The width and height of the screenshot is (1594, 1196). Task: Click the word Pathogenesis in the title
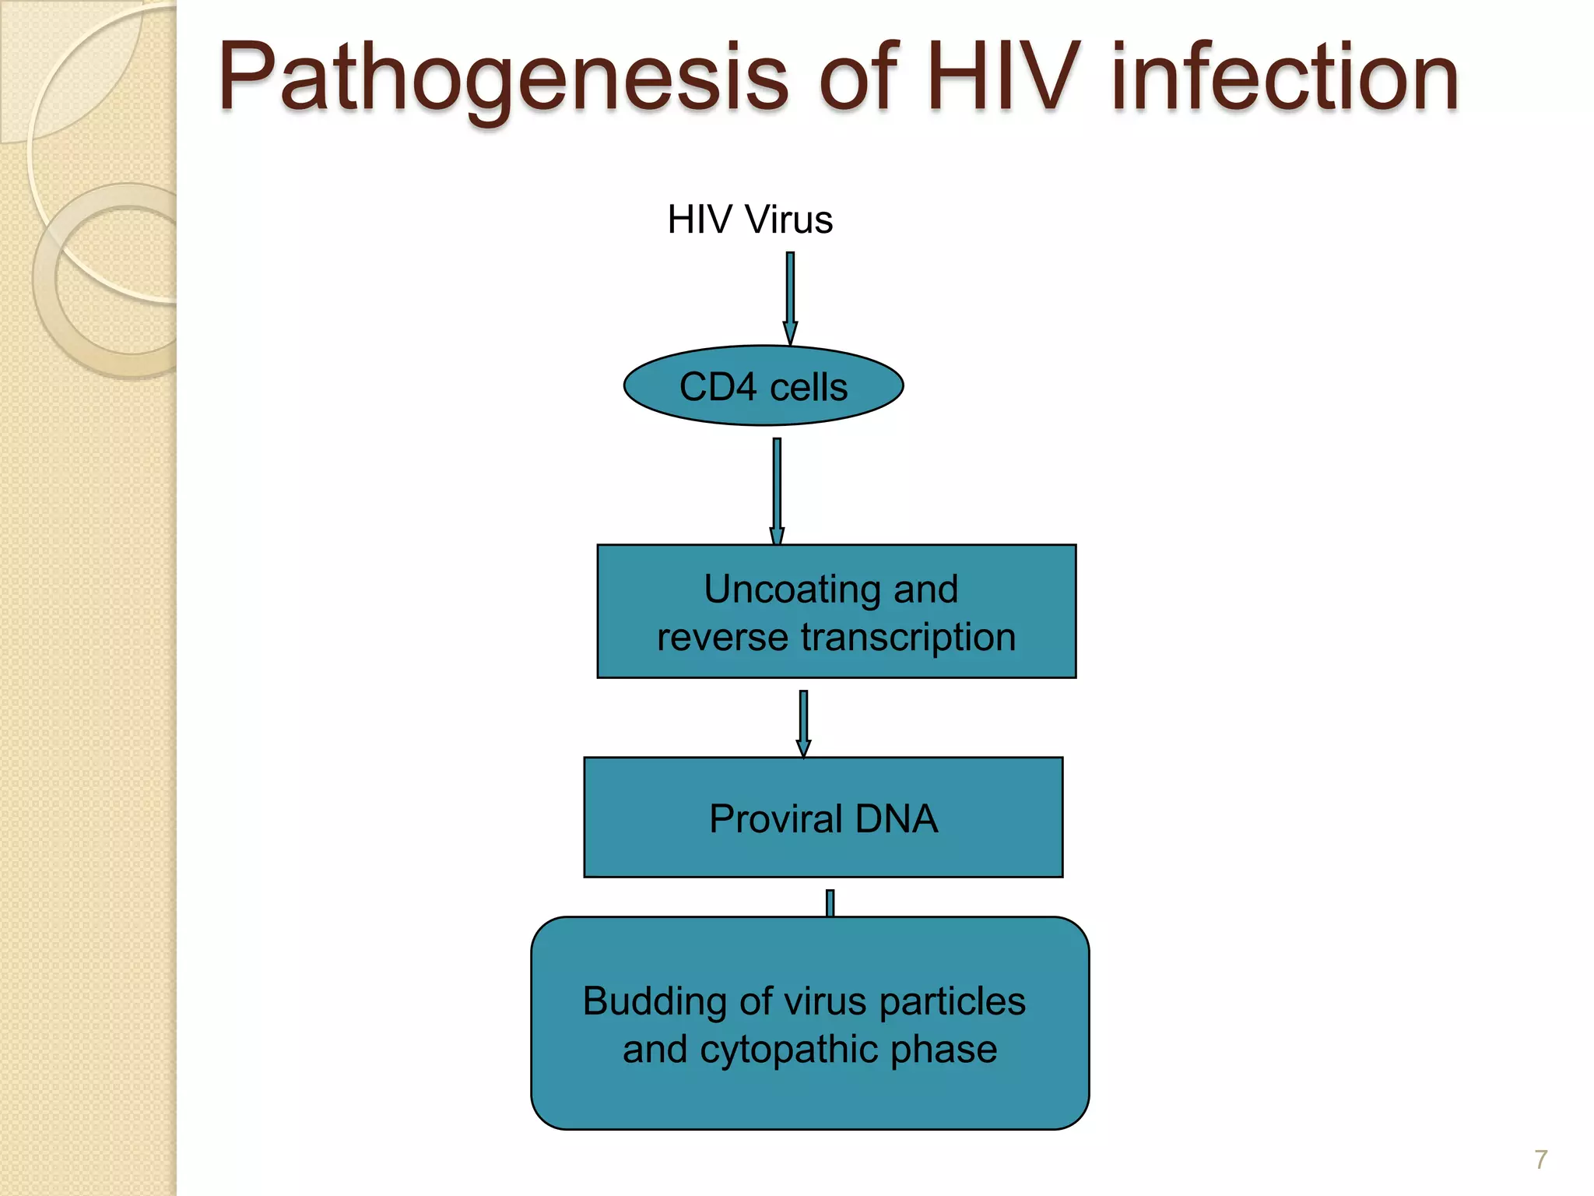[x=503, y=78]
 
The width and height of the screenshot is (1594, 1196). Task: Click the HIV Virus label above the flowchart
[x=750, y=220]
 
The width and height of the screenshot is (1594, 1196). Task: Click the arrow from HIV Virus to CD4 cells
[x=790, y=296]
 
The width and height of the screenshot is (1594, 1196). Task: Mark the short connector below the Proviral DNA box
[x=830, y=903]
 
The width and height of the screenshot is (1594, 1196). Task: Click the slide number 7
[x=1540, y=1159]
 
